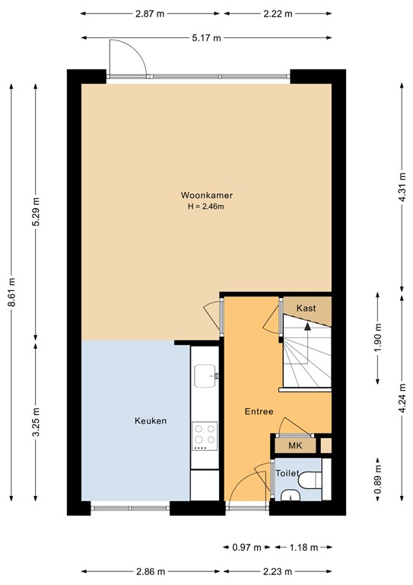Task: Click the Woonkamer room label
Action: [x=202, y=194]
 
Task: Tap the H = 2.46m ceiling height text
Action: [x=202, y=206]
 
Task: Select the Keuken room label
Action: [x=151, y=420]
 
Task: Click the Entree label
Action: [x=259, y=411]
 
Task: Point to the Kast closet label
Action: [x=306, y=308]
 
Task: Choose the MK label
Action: [x=294, y=445]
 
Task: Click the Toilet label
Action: [x=287, y=473]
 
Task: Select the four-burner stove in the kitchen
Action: [x=205, y=436]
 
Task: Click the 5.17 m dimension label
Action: [x=206, y=38]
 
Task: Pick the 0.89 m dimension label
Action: [x=378, y=481]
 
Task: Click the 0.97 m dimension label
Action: [x=246, y=547]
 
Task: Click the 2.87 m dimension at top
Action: [x=150, y=14]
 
